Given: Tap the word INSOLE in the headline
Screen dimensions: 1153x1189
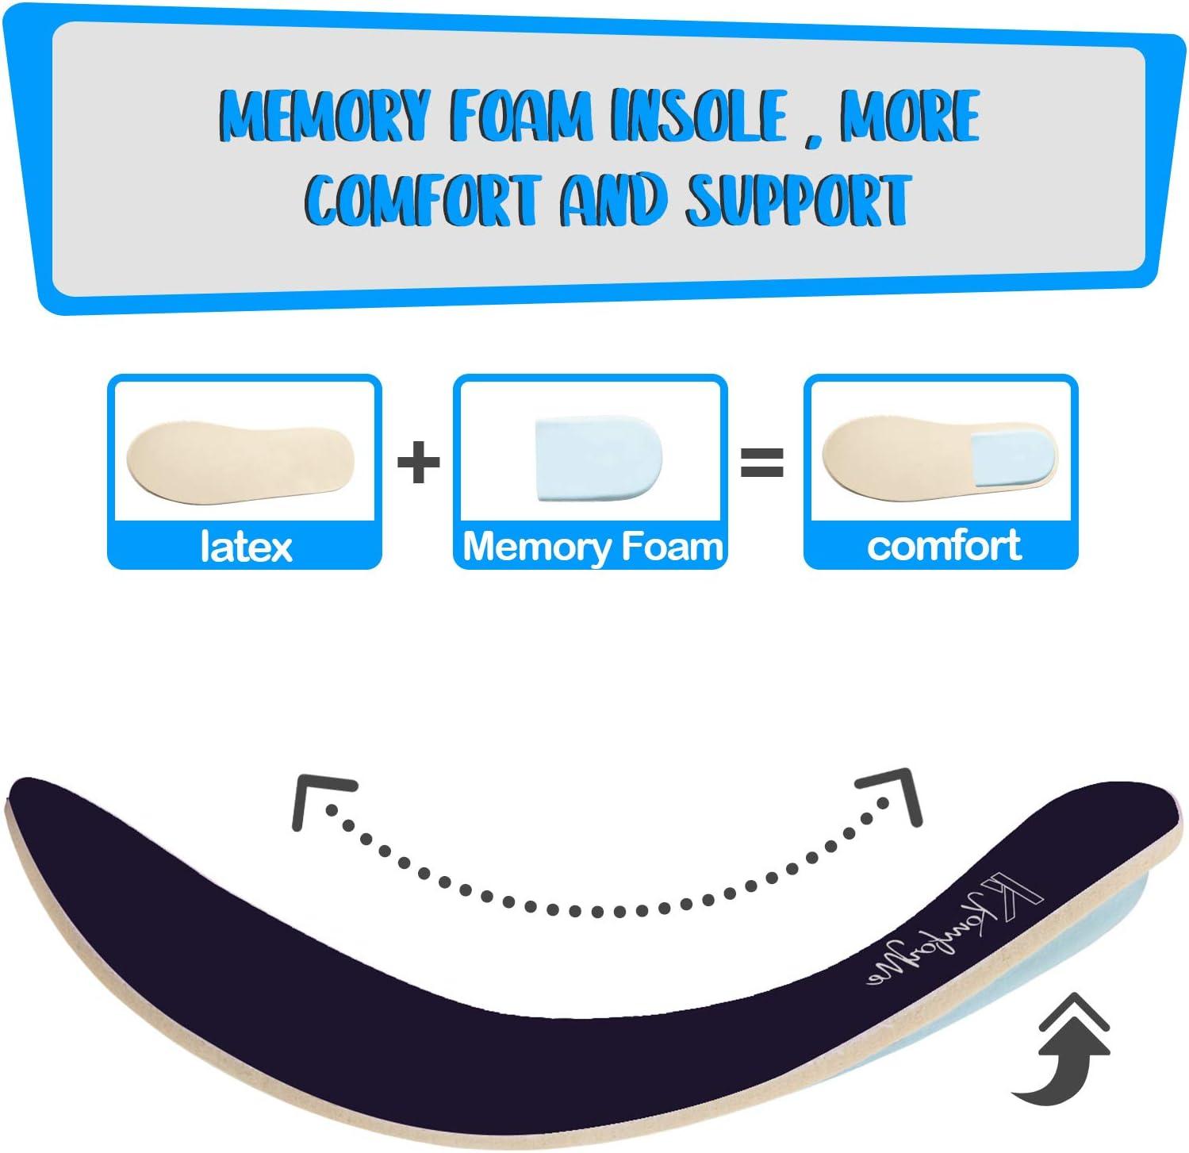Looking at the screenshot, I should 699,117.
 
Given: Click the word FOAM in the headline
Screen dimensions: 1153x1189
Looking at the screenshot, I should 520,117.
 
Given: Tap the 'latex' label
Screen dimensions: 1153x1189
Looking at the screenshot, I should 246,547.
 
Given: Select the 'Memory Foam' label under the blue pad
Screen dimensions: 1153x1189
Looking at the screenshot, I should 592,547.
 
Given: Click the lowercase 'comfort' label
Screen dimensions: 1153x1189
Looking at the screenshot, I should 944,546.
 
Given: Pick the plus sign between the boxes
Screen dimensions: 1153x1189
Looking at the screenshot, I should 418,463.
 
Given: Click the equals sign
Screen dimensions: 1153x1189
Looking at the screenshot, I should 761,463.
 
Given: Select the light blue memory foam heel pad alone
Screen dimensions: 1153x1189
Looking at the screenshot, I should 599,459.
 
